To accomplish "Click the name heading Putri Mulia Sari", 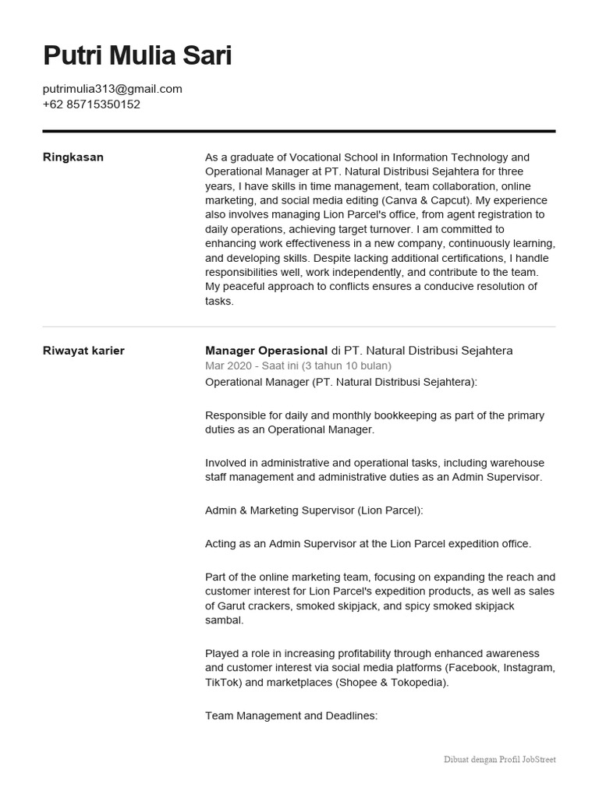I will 137,56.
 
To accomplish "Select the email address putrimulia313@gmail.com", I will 112,89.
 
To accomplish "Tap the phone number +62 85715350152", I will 91,104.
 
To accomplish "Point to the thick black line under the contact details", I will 299,131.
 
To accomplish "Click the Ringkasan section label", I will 73,157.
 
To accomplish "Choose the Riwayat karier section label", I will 83,351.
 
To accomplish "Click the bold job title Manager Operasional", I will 266,351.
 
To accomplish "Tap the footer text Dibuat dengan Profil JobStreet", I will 499,759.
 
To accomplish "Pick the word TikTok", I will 222,683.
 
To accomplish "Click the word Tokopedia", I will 418,683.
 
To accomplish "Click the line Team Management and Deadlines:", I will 291,715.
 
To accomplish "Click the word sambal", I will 224,621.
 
